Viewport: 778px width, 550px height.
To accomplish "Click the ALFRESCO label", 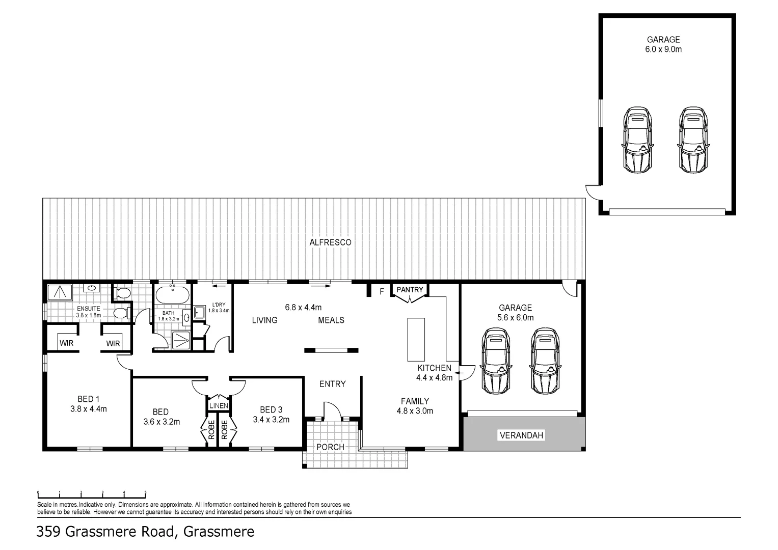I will pyautogui.click(x=330, y=242).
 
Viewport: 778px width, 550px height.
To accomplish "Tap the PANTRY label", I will pyautogui.click(x=410, y=290).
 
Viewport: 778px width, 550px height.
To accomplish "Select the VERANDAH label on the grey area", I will pyautogui.click(x=522, y=435).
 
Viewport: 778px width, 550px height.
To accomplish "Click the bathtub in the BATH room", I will pyautogui.click(x=172, y=295).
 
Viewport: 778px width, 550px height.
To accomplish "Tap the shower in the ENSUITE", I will pyautogui.click(x=61, y=292).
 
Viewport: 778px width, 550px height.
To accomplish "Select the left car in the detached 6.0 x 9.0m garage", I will pyautogui.click(x=637, y=140).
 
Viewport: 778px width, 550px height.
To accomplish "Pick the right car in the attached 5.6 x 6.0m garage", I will pyautogui.click(x=545, y=361).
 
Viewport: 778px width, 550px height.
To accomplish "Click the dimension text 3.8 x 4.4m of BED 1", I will pyautogui.click(x=89, y=408).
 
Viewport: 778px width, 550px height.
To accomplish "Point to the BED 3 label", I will pyautogui.click(x=271, y=409).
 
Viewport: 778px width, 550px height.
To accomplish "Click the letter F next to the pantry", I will pyautogui.click(x=381, y=292).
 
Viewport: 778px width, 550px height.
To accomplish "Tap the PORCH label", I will pyautogui.click(x=330, y=447).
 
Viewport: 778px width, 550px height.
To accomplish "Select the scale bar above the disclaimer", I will pyautogui.click(x=92, y=493).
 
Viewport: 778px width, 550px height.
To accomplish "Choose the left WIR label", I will pyautogui.click(x=66, y=343).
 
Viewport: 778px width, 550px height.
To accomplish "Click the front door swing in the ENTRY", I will pyautogui.click(x=332, y=410).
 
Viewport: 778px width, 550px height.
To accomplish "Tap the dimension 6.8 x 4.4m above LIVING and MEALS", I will pyautogui.click(x=303, y=307).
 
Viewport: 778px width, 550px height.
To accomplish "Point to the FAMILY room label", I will pyautogui.click(x=415, y=401).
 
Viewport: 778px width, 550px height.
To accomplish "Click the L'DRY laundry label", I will pyautogui.click(x=219, y=305).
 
